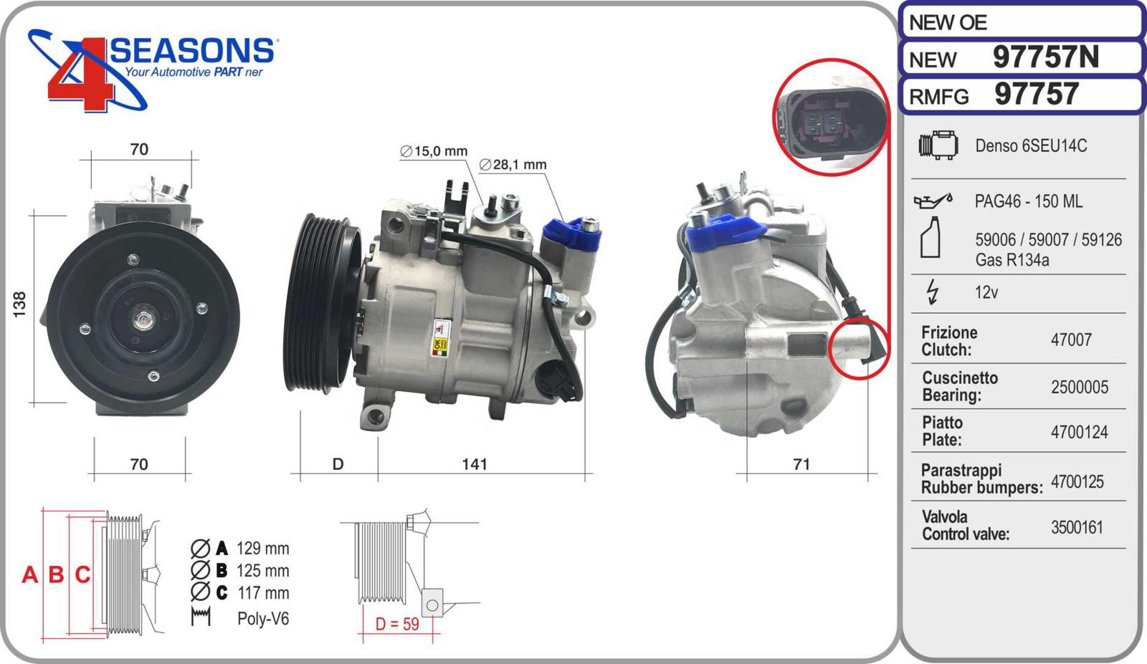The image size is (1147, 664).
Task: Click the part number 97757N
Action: coord(1046,57)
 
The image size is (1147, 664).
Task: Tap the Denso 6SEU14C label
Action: coord(1031,146)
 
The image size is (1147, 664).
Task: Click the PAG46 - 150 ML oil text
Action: coord(1028,201)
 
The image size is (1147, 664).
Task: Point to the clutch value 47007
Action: coord(1071,340)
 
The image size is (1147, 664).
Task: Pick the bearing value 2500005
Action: coord(1080,388)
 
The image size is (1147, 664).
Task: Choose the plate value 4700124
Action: coord(1080,432)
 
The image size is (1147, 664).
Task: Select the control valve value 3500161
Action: coord(1077,527)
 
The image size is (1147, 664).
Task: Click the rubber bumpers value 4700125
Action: coord(1077,482)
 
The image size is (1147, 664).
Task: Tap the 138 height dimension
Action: coord(19,304)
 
